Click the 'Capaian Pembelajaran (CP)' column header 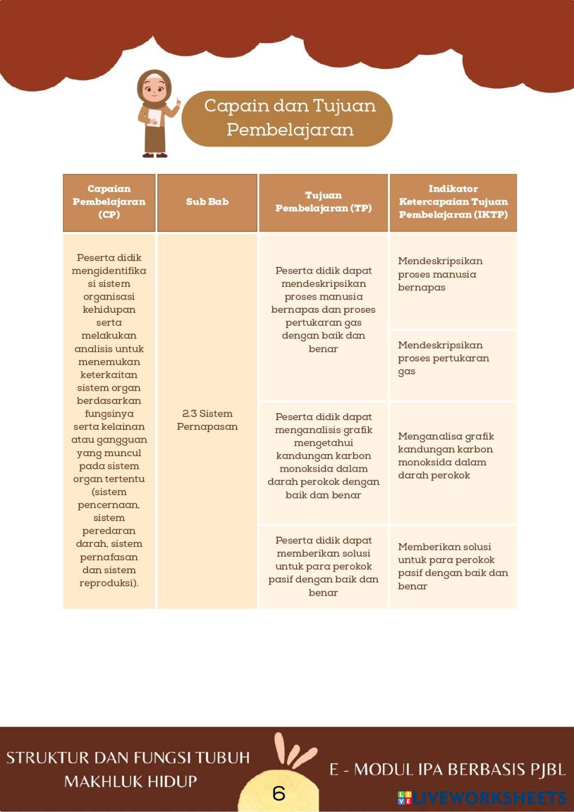(x=109, y=202)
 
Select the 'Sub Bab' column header (x=207, y=202)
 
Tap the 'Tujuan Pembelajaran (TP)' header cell (x=323, y=202)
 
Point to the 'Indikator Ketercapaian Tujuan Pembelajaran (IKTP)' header (x=453, y=202)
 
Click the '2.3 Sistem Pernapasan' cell (x=207, y=420)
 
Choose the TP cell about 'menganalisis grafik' (x=323, y=456)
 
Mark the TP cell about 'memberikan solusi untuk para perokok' (x=323, y=566)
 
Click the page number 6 (x=279, y=793)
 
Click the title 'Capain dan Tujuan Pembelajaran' (x=289, y=118)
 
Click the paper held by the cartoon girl (x=154, y=117)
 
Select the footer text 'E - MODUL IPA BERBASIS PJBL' (x=447, y=770)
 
